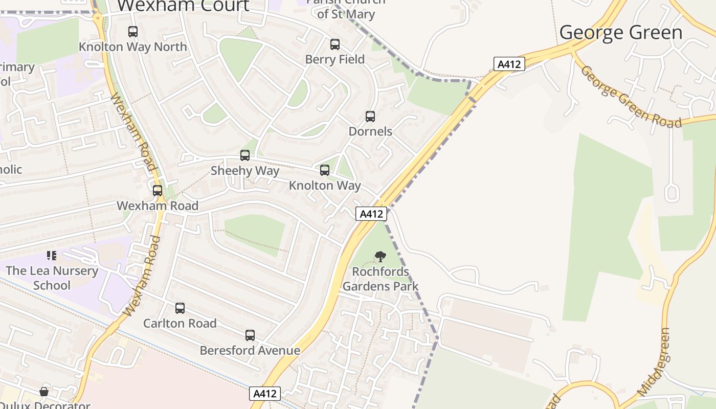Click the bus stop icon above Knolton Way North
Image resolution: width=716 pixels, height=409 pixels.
(133, 32)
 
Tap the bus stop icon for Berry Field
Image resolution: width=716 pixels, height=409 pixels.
(335, 44)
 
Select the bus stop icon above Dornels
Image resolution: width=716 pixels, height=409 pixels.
(370, 117)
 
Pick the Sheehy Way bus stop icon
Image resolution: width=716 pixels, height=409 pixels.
(245, 155)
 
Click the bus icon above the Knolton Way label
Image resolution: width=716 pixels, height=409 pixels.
(325, 170)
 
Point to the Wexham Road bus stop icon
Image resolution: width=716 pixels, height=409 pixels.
(158, 191)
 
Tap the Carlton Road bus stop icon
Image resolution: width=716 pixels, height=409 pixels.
(180, 308)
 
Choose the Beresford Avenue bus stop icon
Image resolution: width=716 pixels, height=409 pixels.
(250, 335)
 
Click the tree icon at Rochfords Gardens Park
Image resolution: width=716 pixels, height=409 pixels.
(380, 256)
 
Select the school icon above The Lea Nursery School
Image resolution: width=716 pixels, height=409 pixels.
(51, 255)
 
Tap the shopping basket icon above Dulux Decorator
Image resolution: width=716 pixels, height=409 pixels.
(44, 392)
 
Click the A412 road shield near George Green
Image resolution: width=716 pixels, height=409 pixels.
(509, 64)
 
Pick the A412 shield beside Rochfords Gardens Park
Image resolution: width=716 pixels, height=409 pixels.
(371, 214)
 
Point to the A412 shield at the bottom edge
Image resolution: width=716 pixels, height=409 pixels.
(265, 394)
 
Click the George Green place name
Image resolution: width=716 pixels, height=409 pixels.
(621, 33)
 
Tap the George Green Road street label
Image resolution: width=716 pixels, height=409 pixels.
(631, 97)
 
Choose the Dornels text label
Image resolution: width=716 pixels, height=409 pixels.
(370, 131)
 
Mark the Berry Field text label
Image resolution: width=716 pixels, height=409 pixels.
(335, 59)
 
